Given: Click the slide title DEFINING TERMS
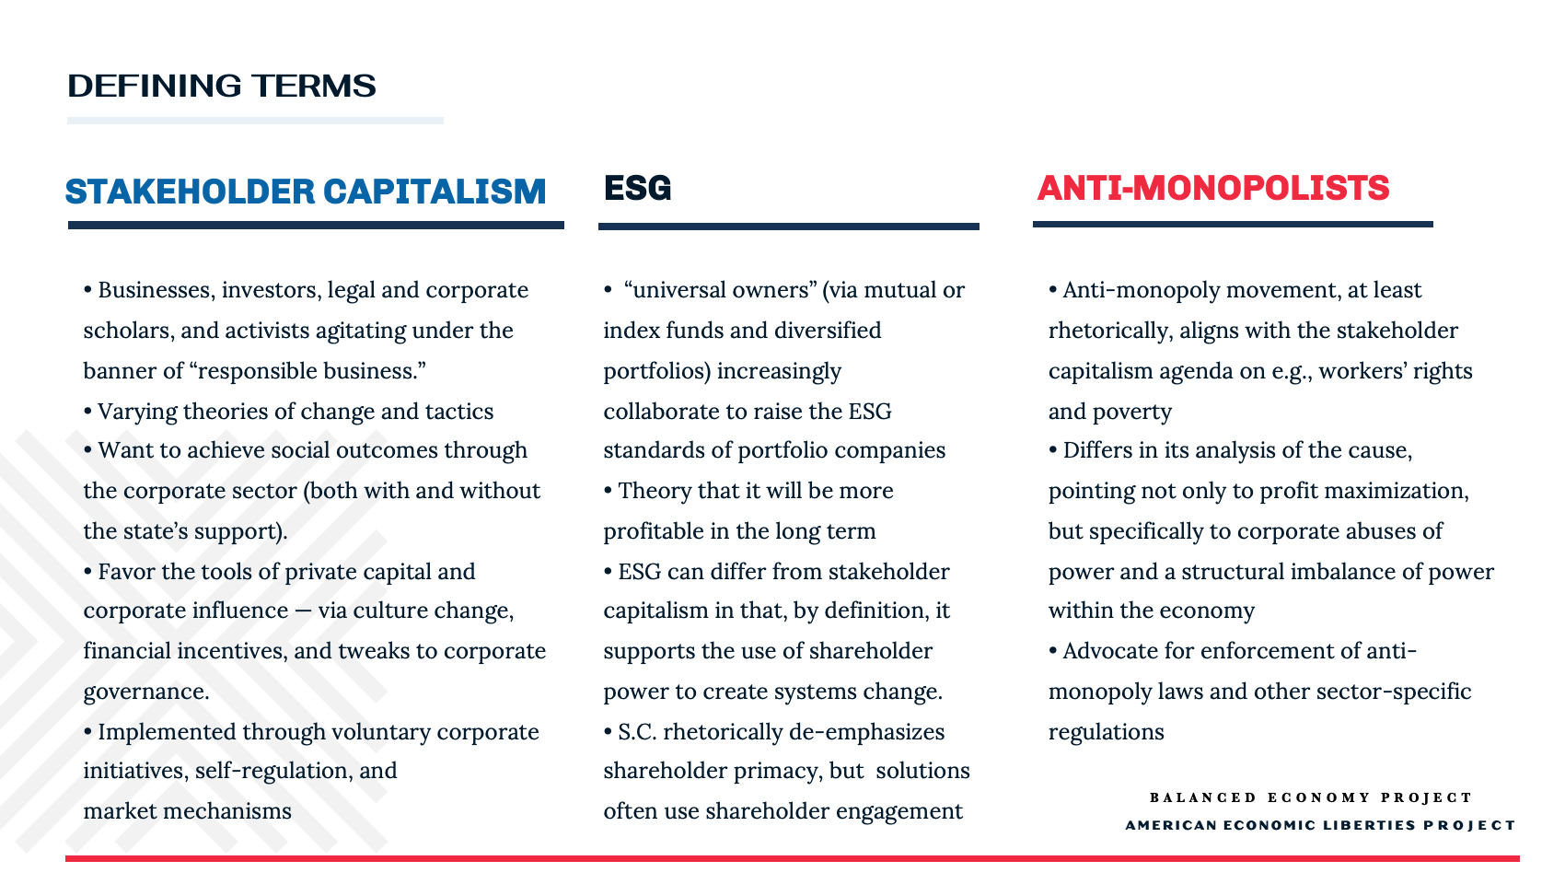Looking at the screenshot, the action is [222, 86].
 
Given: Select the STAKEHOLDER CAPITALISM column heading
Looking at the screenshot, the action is [306, 192].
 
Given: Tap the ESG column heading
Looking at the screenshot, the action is [637, 188].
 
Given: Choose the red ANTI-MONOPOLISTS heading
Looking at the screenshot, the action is [1213, 188].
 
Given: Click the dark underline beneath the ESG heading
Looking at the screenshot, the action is [789, 227].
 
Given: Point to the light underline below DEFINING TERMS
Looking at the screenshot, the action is [255, 121].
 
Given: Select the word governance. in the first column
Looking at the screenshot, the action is [146, 692].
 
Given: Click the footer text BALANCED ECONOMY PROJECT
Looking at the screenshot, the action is [1311, 797].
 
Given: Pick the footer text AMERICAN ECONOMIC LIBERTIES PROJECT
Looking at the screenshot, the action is [1320, 825].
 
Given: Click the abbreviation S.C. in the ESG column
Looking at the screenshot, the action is [637, 732].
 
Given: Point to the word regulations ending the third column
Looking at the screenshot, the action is [1106, 732].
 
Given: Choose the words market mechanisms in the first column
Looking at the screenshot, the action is [187, 811].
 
